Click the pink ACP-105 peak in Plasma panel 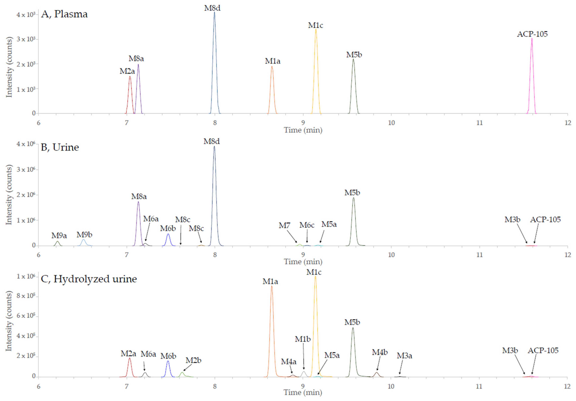531,75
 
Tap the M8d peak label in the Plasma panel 212,8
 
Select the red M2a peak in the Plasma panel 130,95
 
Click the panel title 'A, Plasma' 64,14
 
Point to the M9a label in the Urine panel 59,236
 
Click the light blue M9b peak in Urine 83,242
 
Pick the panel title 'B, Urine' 60,147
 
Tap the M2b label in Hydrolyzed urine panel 193,360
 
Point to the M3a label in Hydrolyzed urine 404,356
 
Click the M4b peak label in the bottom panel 380,352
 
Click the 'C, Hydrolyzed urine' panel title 89,279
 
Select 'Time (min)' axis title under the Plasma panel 303,130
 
